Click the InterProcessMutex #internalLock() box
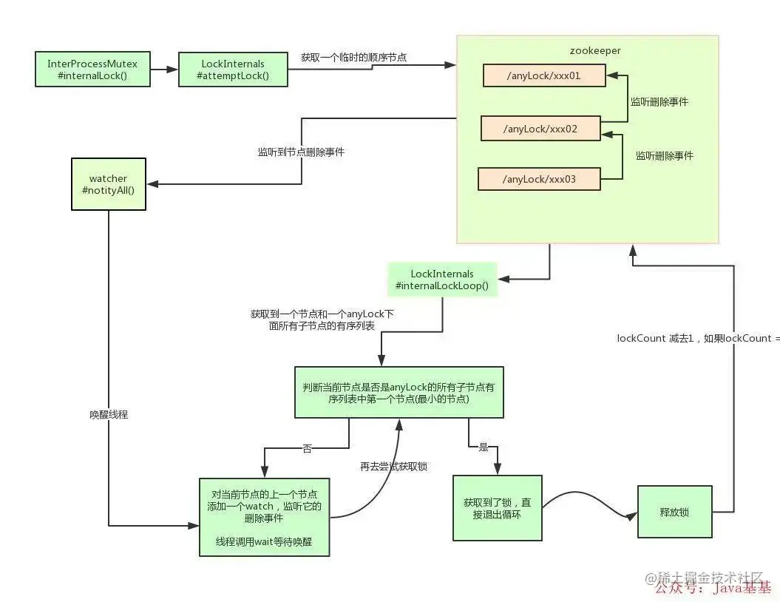92,69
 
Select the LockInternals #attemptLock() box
233,70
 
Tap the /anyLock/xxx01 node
544,75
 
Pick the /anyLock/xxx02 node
540,128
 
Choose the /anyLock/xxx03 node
538,179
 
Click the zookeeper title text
594,51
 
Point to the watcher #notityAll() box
108,184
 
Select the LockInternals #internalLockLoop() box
442,280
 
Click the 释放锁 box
674,511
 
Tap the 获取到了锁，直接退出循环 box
497,508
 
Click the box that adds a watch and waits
264,516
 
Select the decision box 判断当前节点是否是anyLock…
399,393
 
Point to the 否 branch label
307,449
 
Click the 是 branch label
484,447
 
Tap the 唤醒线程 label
109,414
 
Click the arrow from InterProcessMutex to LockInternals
163,70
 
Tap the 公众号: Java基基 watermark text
713,589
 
